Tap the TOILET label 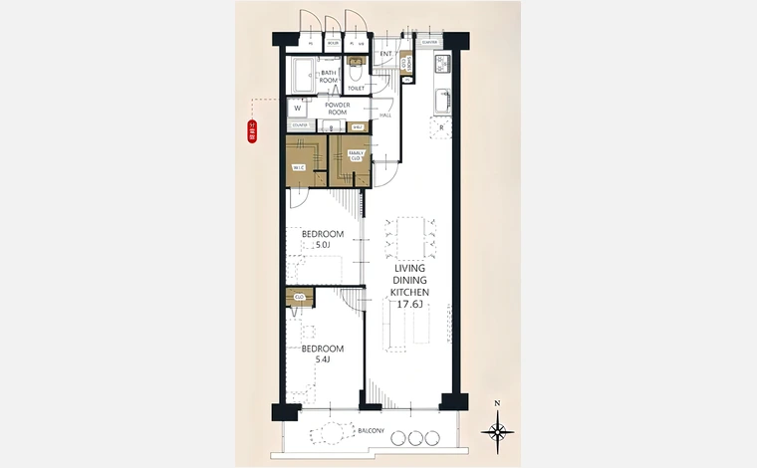(x=356, y=89)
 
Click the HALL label (x=384, y=117)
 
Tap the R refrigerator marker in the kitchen (x=440, y=127)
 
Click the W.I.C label (x=298, y=168)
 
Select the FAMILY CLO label (x=356, y=155)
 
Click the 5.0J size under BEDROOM (x=323, y=245)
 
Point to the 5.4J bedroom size (x=323, y=360)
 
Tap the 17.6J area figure (x=409, y=304)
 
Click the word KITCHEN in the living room (x=409, y=292)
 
